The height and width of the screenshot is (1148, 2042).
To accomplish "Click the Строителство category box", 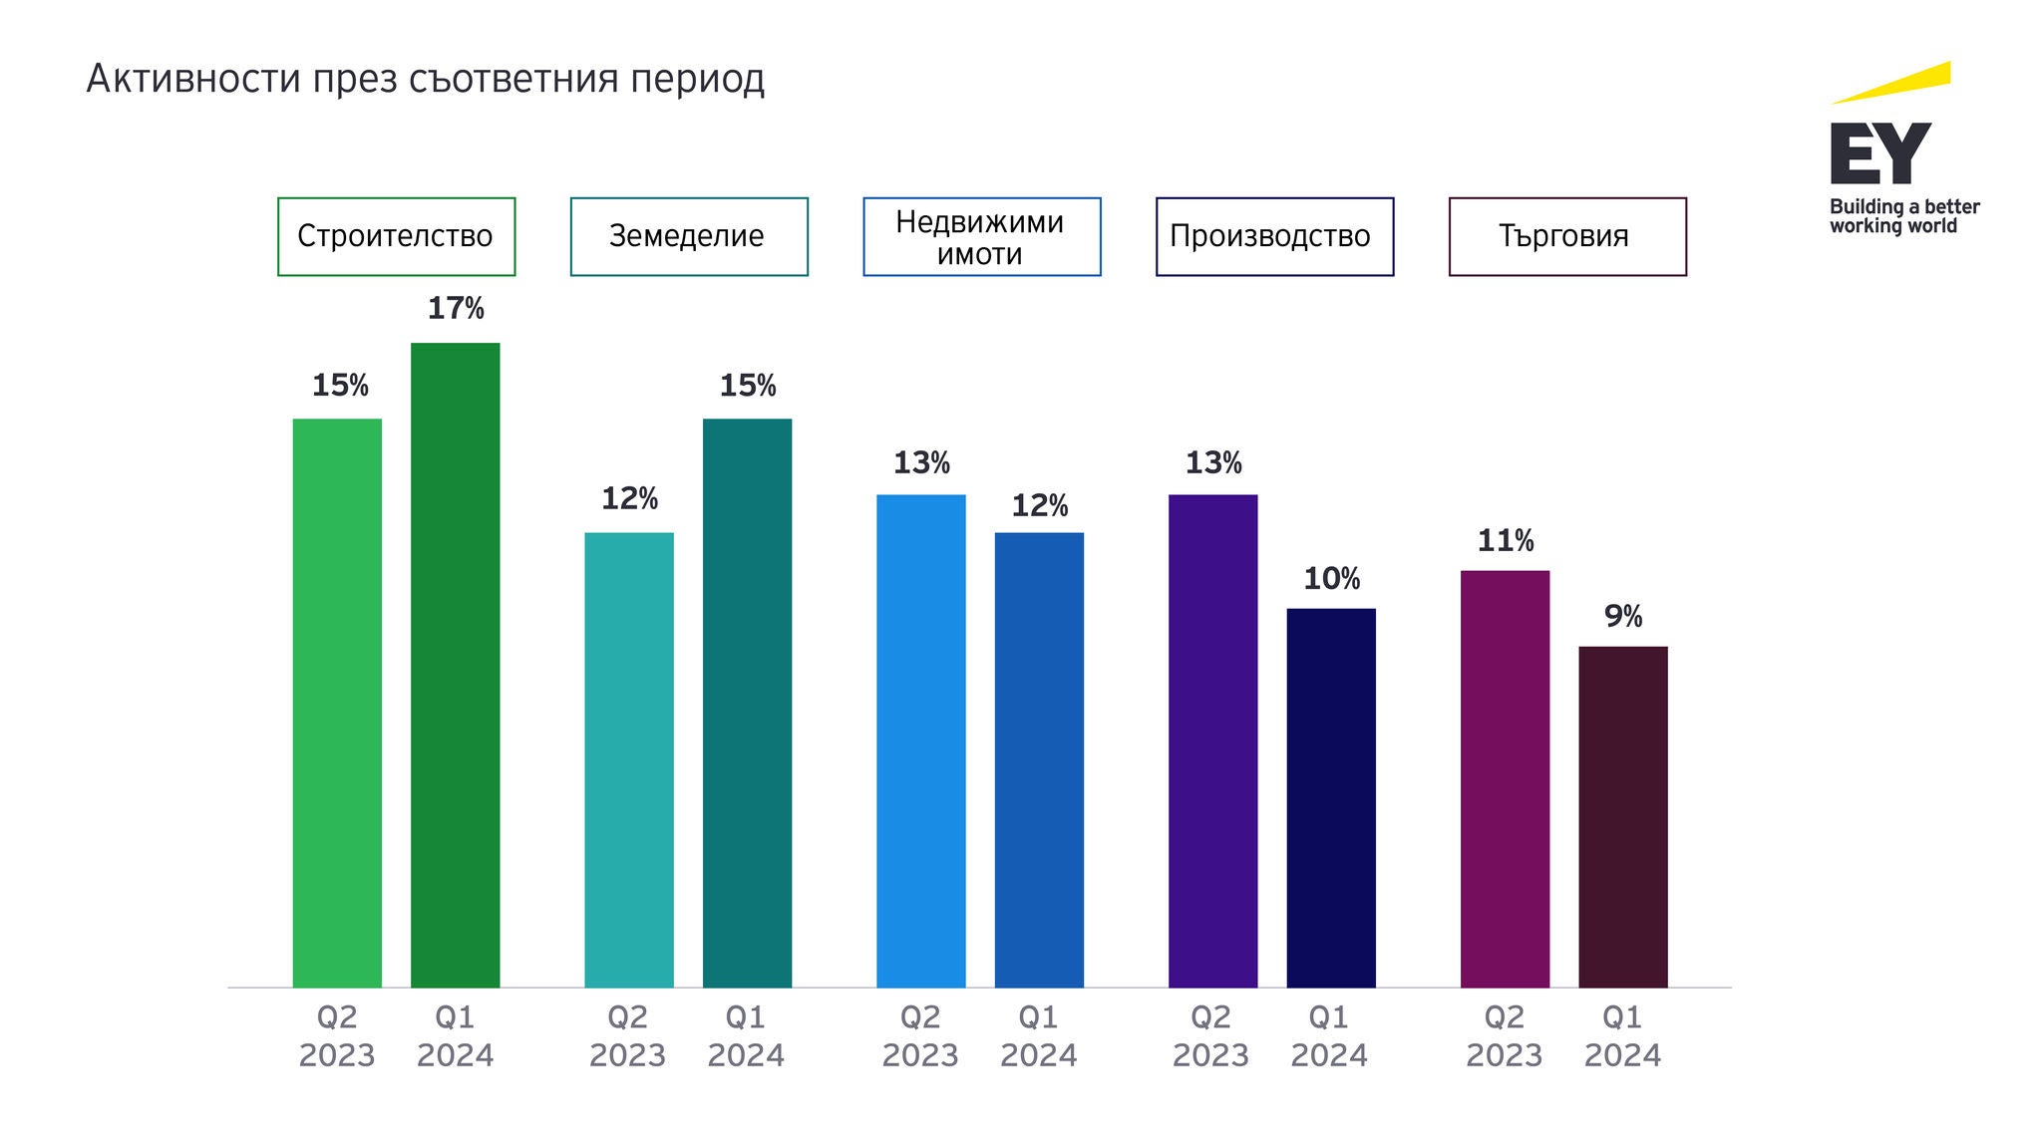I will pos(396,236).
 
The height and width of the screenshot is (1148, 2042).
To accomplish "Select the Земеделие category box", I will pos(688,236).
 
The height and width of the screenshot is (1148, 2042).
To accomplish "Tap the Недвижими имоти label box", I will pos(981,236).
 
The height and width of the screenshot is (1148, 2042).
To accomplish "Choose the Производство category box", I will pos(1273,236).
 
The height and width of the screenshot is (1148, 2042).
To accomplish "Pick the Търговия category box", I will pos(1566,236).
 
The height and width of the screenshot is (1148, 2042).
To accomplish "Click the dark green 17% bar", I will pos(455,665).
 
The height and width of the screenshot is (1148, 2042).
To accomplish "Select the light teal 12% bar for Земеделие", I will pos(628,759).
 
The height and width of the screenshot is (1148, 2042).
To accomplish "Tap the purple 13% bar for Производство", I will pos(1212,740).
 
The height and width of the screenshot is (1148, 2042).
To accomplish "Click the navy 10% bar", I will pos(1330,797).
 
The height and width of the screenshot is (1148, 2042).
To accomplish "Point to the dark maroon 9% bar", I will pos(1622,816).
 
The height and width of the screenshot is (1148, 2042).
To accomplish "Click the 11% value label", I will pos(1505,541).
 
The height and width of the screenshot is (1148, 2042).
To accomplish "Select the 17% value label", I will pos(455,309).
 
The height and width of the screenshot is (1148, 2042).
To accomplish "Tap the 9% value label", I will pos(1622,617).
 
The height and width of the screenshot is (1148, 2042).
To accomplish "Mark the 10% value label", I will pos(1331,579).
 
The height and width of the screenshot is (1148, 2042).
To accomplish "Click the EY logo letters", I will pos(1879,153).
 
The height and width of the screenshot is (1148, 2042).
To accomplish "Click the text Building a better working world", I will pos(1902,216).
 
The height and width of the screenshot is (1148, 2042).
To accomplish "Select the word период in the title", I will pos(697,79).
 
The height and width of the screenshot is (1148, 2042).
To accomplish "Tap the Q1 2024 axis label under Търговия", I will pos(1622,1036).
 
